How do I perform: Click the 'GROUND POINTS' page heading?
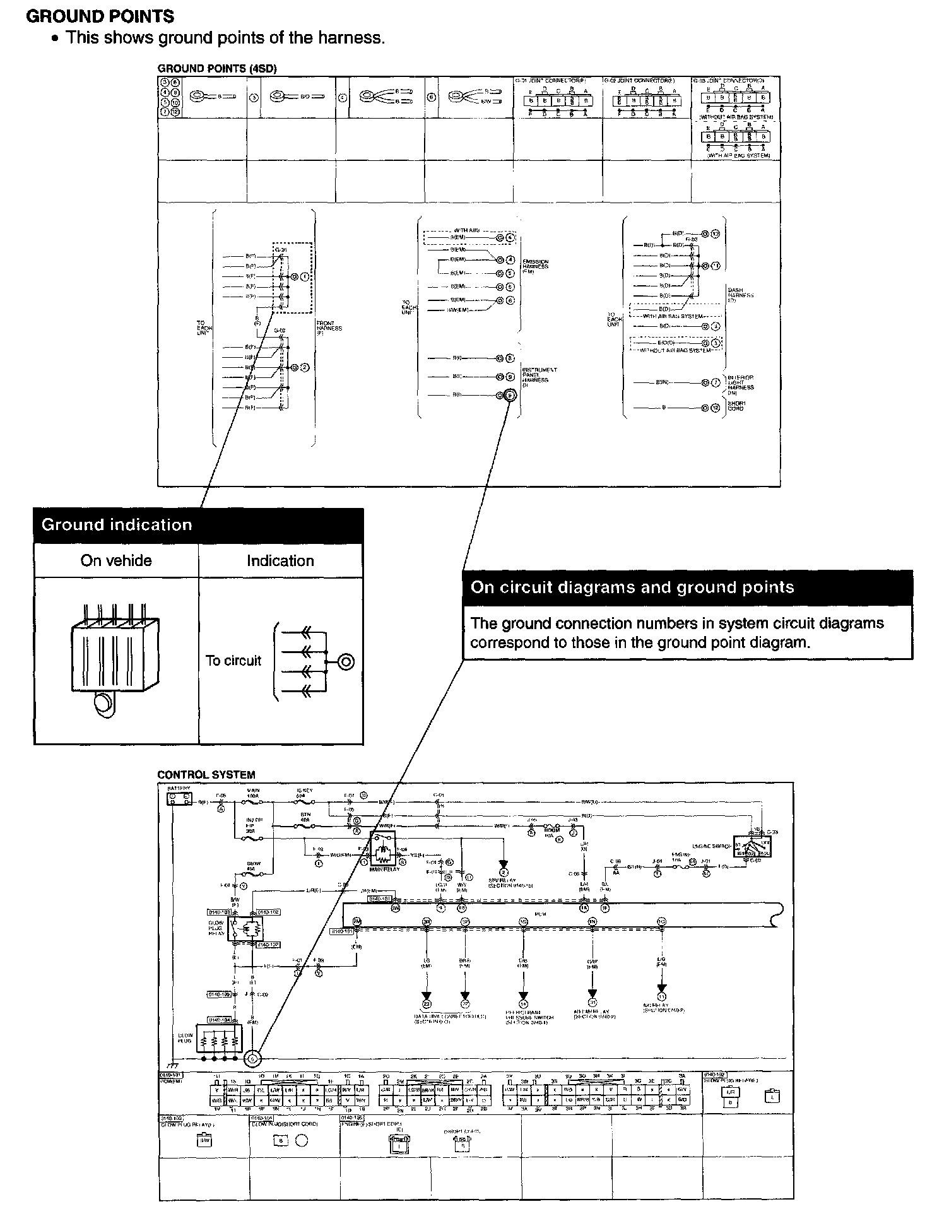tap(100, 16)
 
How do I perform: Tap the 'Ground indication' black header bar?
tap(198, 526)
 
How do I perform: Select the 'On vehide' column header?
tap(116, 560)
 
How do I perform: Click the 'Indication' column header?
tap(280, 560)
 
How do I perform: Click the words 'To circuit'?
tap(233, 661)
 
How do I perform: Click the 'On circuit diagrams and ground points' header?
tap(632, 587)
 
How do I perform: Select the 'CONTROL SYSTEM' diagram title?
tap(206, 775)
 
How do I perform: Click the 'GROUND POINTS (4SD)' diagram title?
tap(217, 68)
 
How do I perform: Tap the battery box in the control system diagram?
tap(179, 799)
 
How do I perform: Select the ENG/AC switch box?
tap(752, 846)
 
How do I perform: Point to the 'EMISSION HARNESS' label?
tap(535, 267)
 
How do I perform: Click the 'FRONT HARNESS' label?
tap(329, 327)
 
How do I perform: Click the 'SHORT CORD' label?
tap(736, 406)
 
